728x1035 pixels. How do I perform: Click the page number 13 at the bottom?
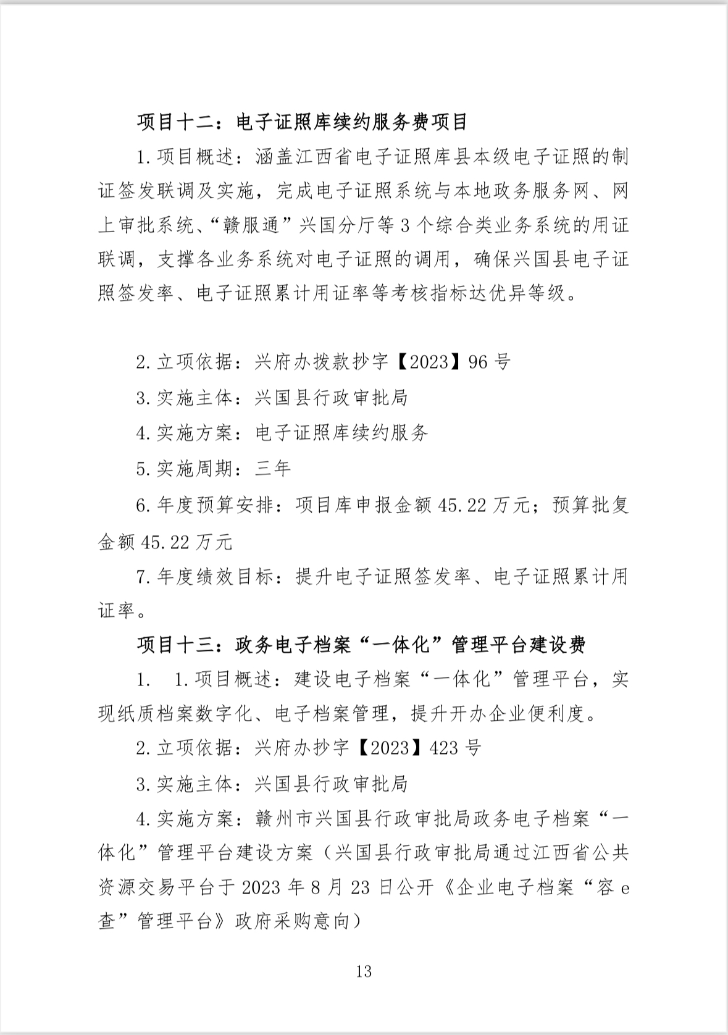364,971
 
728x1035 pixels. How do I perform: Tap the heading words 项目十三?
175,645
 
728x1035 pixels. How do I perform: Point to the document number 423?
443,748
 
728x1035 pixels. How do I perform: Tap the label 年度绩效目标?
214,577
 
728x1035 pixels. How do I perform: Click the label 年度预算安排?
214,506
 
